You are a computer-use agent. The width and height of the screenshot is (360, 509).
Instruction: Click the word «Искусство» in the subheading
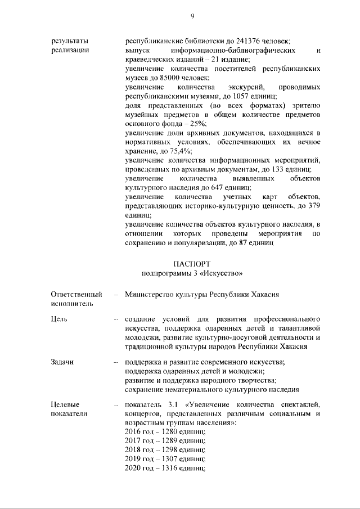point(223,273)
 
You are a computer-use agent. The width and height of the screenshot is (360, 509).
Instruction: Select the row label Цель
point(59,319)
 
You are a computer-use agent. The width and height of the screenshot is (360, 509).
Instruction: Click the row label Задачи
point(62,362)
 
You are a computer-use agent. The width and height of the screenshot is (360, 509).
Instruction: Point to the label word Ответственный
point(76,294)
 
